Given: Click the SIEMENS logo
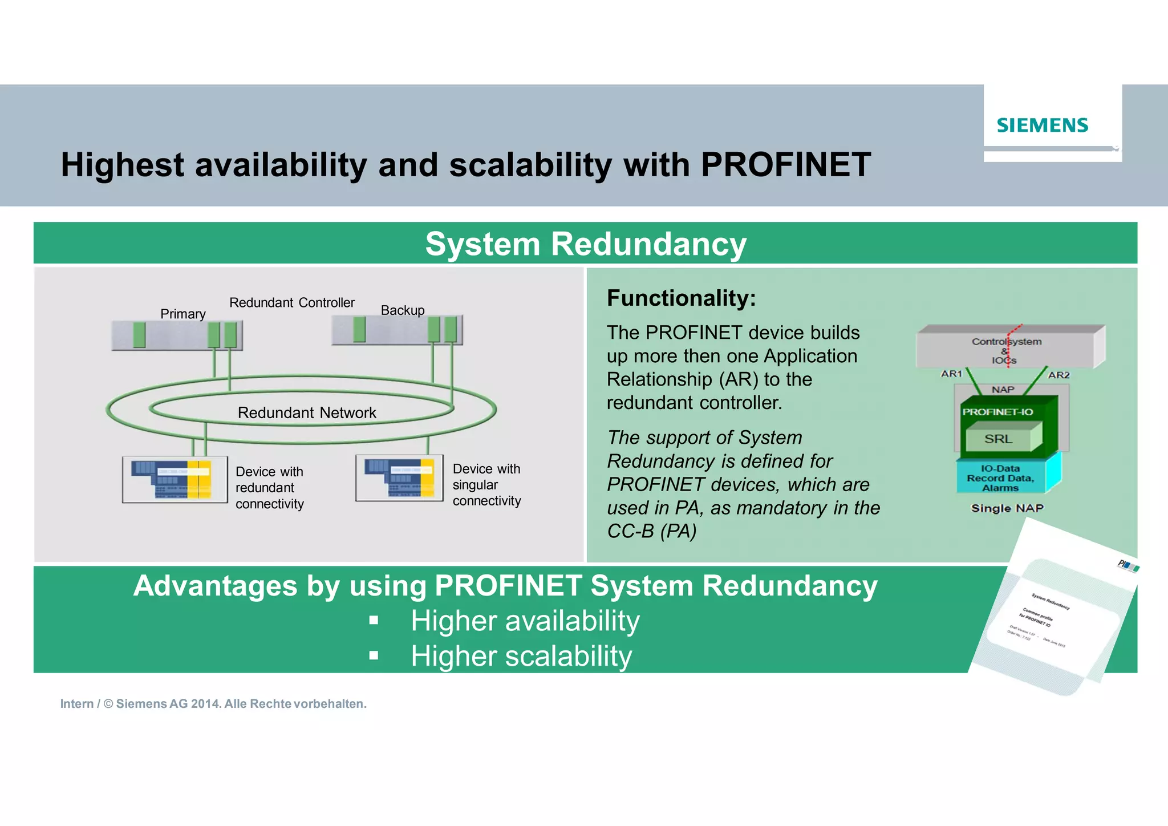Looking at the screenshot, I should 1042,125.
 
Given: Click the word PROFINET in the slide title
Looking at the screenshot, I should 785,165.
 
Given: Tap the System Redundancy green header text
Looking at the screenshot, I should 585,244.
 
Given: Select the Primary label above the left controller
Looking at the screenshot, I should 182,314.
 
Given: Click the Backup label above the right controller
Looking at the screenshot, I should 403,310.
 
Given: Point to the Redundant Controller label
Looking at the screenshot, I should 291,302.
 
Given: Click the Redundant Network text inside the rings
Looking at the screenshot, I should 307,412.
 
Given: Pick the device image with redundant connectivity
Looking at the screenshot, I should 175,479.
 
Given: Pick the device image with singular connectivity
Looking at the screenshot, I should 399,477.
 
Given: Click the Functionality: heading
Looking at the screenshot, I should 681,298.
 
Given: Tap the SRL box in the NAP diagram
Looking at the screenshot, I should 999,439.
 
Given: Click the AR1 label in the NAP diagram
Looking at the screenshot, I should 951,374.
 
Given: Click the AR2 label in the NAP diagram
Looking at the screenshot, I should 1058,375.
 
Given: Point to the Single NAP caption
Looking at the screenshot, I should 1007,508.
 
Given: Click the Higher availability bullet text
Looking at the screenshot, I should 525,621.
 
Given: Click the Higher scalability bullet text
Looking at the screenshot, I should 521,656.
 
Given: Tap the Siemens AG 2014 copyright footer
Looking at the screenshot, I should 213,704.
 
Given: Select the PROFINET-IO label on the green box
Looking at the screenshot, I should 997,412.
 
